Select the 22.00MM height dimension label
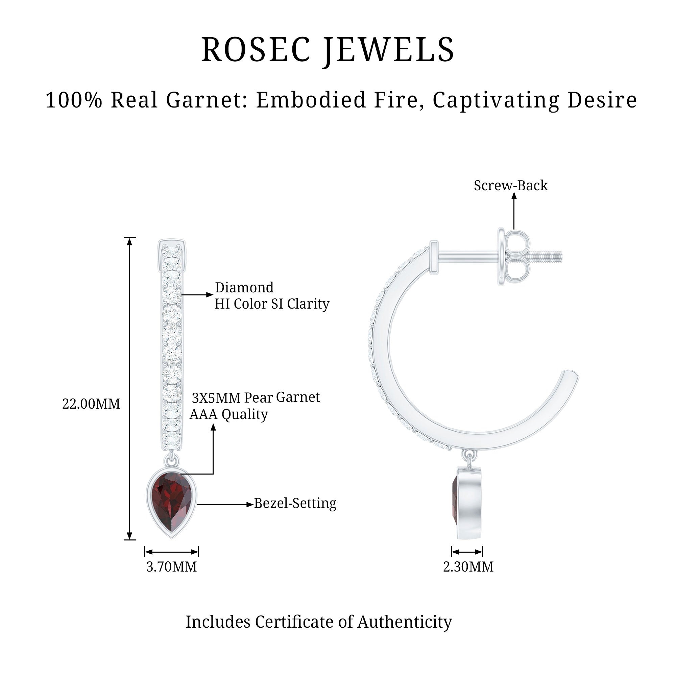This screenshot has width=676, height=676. pos(91,404)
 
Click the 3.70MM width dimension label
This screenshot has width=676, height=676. pos(171,566)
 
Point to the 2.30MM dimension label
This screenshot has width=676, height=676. pos(468,566)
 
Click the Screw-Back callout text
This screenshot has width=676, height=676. pos(510,186)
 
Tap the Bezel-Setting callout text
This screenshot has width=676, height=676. pos(295,503)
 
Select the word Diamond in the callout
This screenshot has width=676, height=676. pos(244,288)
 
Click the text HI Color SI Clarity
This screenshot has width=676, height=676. pos(272,304)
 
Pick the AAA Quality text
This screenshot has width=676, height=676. pos(229,414)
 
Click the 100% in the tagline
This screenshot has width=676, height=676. pos(74,100)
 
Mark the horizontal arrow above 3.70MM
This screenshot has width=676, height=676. pos(171,552)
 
